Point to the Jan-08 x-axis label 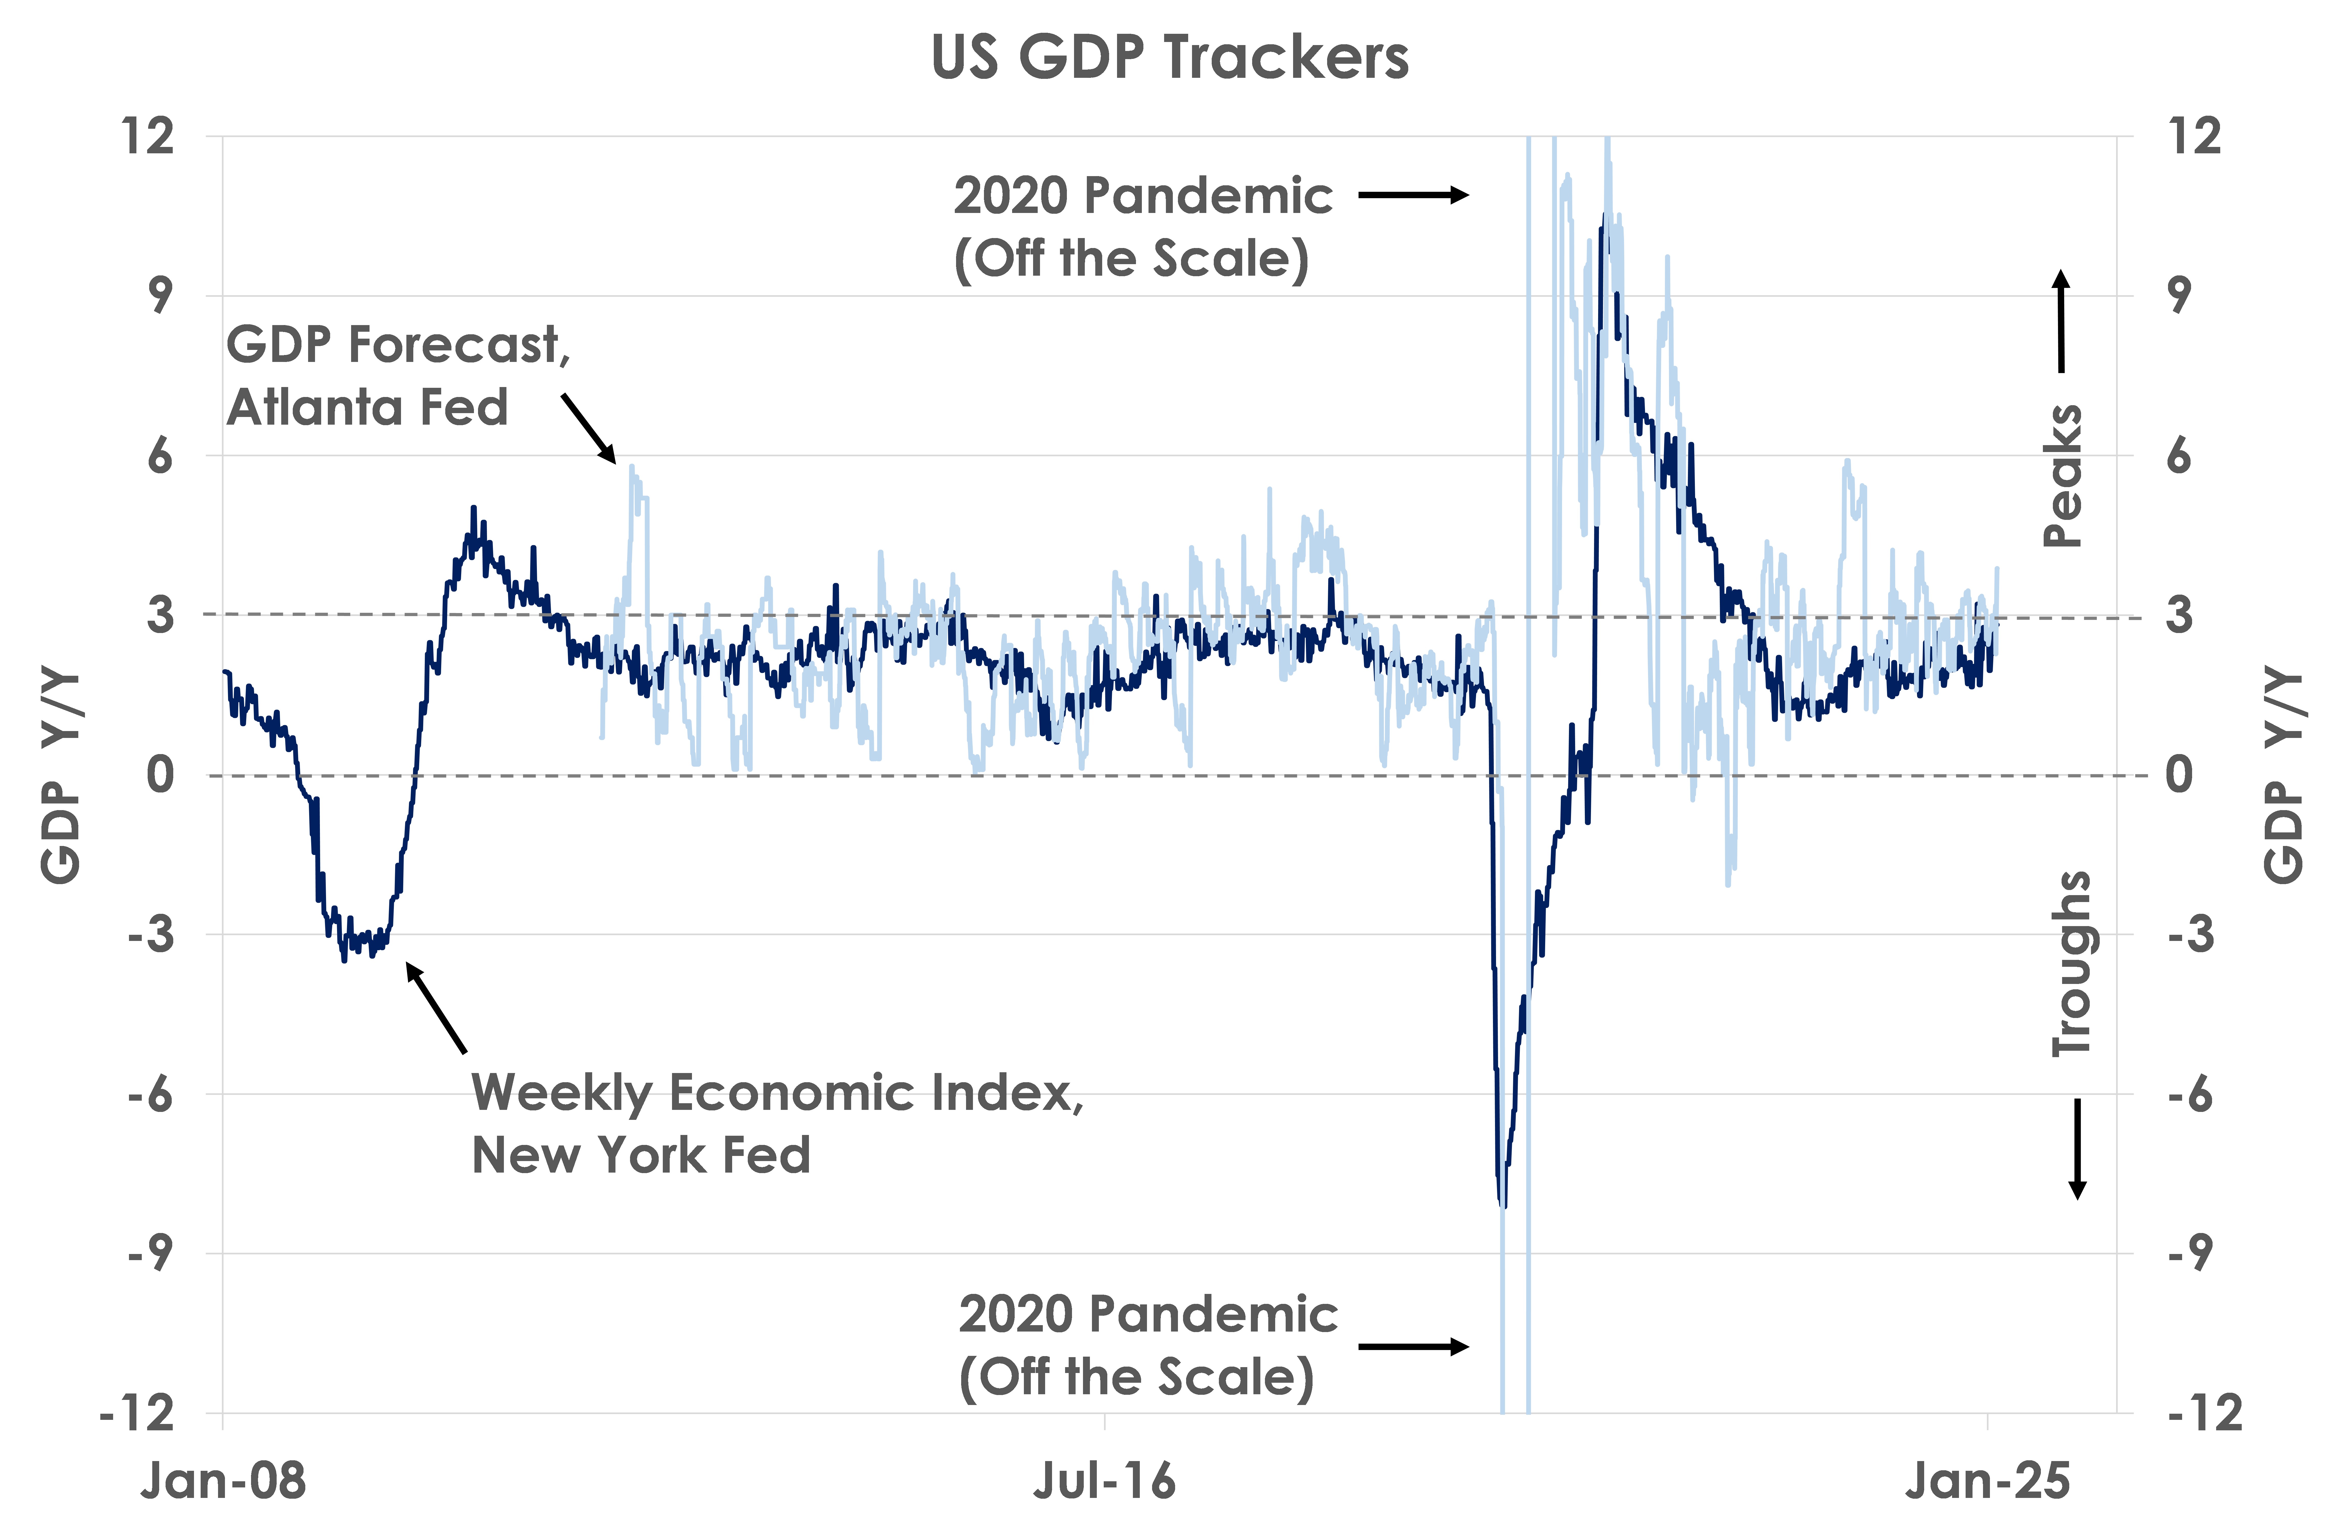click(223, 1480)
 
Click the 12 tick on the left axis click(147, 136)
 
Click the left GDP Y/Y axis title click(61, 777)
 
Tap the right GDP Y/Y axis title click(2283, 777)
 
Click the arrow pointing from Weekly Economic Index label click(436, 1008)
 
